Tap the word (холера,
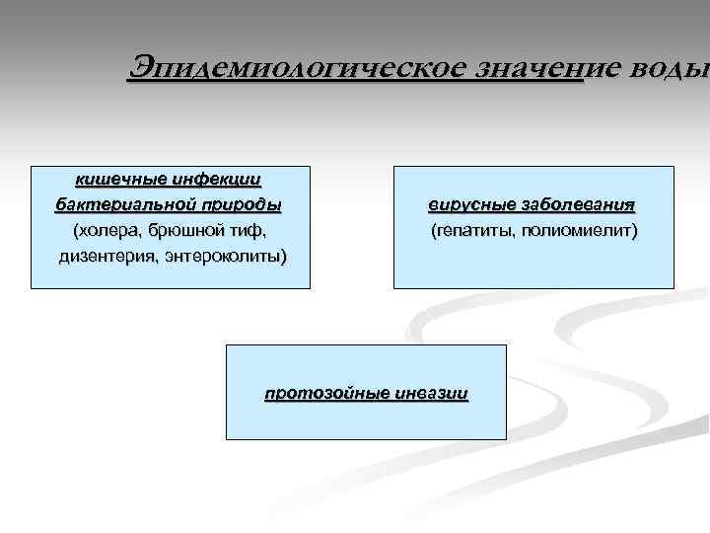coord(104,231)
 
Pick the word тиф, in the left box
coord(247,231)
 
